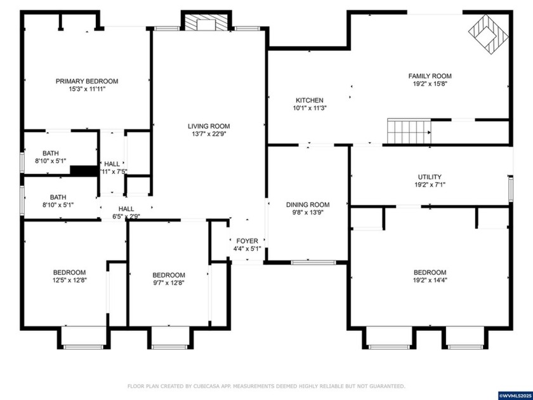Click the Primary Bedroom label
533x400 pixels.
[86, 81]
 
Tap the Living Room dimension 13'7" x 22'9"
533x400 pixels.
[209, 134]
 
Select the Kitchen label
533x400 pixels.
[310, 100]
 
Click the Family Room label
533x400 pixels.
[430, 76]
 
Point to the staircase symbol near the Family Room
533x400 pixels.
[409, 131]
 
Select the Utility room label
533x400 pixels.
[430, 177]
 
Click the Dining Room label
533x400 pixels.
[308, 204]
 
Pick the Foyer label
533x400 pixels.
[247, 241]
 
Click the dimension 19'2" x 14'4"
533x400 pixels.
[430, 280]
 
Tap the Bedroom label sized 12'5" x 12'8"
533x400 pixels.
[70, 273]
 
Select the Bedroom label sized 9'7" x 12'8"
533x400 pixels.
[169, 275]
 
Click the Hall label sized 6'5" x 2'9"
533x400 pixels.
[126, 208]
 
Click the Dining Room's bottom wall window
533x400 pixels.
[313, 262]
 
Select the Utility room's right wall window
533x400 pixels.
[510, 189]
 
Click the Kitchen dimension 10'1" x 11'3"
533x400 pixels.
[310, 108]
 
